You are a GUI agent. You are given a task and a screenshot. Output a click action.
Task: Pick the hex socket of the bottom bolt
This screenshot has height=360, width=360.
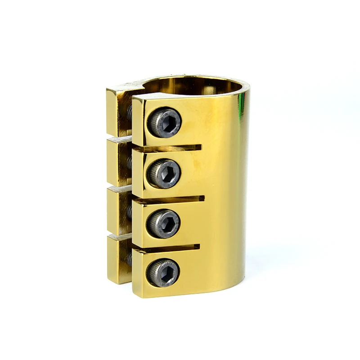click(x=163, y=272)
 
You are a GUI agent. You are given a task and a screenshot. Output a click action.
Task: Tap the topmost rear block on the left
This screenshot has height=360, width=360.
click(x=118, y=110)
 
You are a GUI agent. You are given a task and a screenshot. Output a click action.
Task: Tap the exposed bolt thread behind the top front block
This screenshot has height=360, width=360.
click(x=130, y=112)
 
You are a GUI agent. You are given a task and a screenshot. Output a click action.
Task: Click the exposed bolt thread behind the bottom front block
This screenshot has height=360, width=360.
click(x=130, y=259)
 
